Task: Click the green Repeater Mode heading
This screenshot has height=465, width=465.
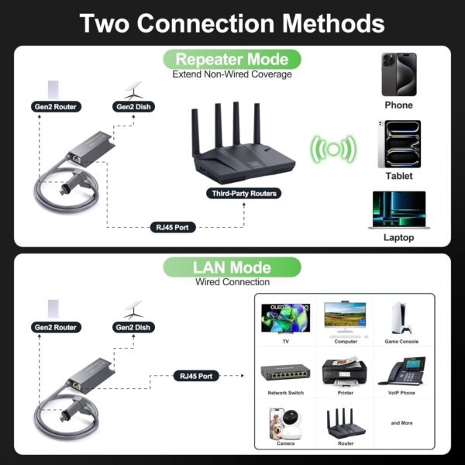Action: tap(232, 59)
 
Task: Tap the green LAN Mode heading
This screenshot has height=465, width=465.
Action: tap(232, 268)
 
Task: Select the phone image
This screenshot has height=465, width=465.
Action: tap(398, 74)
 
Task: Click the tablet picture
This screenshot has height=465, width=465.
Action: tap(398, 144)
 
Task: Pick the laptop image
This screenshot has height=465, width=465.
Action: tap(398, 209)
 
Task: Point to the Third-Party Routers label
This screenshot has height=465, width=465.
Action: tap(232, 192)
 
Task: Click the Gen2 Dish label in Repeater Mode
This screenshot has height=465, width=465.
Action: tap(133, 107)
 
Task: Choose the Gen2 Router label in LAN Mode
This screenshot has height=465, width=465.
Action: tap(55, 327)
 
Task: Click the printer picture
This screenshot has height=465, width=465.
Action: tap(345, 370)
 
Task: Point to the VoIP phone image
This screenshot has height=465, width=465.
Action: tap(401, 370)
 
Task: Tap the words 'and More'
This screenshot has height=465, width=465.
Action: tap(401, 423)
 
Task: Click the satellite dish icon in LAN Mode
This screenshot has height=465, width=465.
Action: tap(133, 306)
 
